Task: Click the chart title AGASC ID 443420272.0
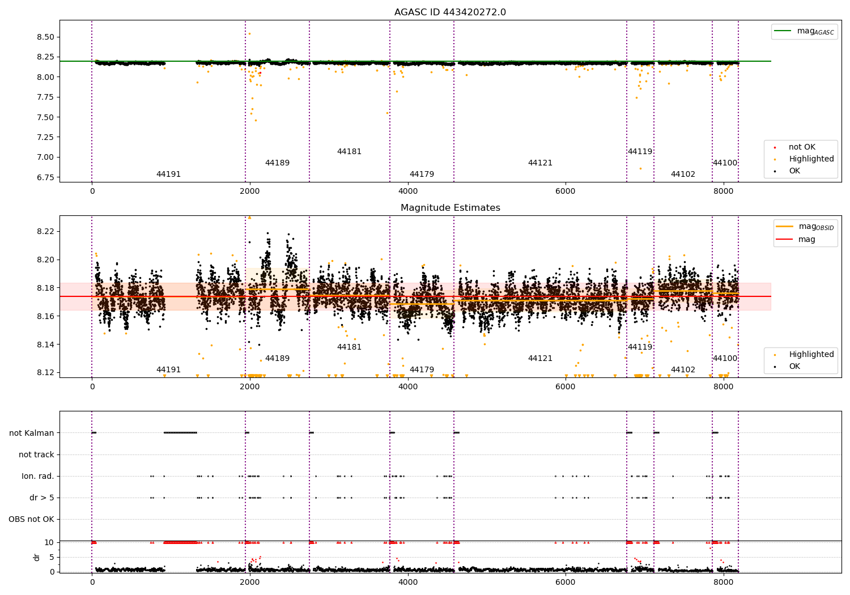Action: tap(450, 12)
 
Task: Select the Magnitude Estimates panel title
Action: tap(450, 208)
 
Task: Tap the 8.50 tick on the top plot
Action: tap(45, 37)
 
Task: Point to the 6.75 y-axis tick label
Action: tap(45, 177)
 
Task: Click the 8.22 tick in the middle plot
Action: tap(45, 231)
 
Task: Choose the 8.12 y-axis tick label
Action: tap(45, 373)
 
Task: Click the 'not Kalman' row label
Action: tap(32, 433)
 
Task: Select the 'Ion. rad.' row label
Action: tap(38, 476)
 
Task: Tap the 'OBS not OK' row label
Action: tap(31, 519)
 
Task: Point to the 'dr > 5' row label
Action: tap(42, 498)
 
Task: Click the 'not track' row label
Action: tap(36, 454)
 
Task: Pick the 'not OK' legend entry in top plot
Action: tap(802, 147)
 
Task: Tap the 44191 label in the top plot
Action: tap(168, 175)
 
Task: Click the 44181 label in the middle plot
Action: tap(349, 347)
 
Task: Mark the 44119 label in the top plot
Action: tap(640, 152)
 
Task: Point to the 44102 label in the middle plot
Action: tap(683, 370)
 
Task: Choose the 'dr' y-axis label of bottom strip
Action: tap(37, 557)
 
